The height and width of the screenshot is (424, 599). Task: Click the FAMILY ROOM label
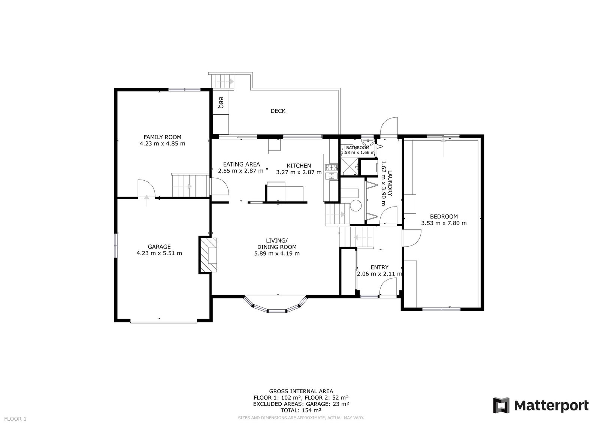point(162,137)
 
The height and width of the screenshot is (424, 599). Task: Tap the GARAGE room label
point(159,247)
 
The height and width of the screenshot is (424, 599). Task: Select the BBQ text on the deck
point(221,103)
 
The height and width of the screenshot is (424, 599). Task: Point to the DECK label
point(278,111)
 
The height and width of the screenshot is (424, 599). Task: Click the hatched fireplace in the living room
point(208,255)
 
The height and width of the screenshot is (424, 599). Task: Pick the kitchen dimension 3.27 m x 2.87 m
point(299,172)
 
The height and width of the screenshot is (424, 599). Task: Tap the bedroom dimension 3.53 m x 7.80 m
point(444,223)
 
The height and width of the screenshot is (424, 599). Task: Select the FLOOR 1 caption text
point(15,419)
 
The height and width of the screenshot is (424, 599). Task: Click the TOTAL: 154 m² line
point(301,411)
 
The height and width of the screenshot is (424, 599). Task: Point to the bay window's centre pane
point(277,311)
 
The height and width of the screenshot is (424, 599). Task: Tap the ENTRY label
point(379,267)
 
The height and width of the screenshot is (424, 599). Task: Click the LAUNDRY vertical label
point(390,183)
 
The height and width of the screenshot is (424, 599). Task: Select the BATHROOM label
point(357,147)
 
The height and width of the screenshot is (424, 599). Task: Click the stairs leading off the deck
point(223,81)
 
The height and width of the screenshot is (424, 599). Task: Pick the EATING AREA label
point(242,164)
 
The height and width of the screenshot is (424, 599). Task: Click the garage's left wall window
point(116,246)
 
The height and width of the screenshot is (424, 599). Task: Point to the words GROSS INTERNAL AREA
point(301,391)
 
